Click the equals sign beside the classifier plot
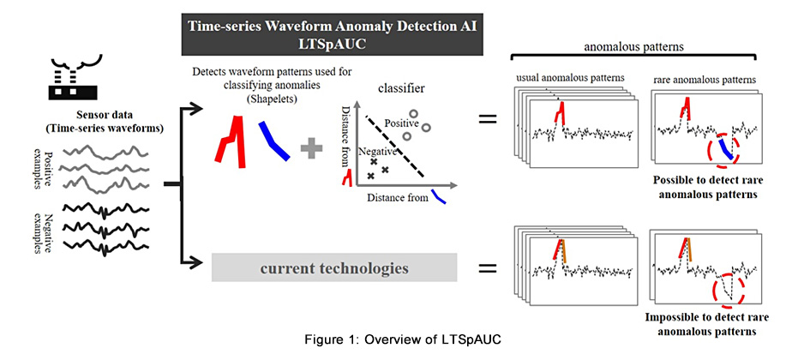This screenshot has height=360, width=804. coord(487,119)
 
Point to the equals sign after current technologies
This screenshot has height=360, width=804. coord(487,269)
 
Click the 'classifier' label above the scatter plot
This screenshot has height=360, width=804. coord(399,88)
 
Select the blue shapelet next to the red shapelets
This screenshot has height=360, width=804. coord(276,139)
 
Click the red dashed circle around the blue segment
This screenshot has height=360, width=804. coord(724,149)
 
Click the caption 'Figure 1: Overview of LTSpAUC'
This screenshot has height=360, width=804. coord(401,340)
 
